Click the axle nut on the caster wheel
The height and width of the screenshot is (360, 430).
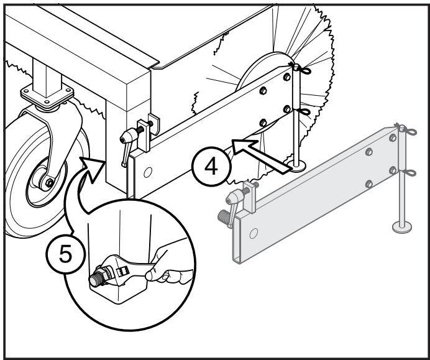[48, 183]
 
